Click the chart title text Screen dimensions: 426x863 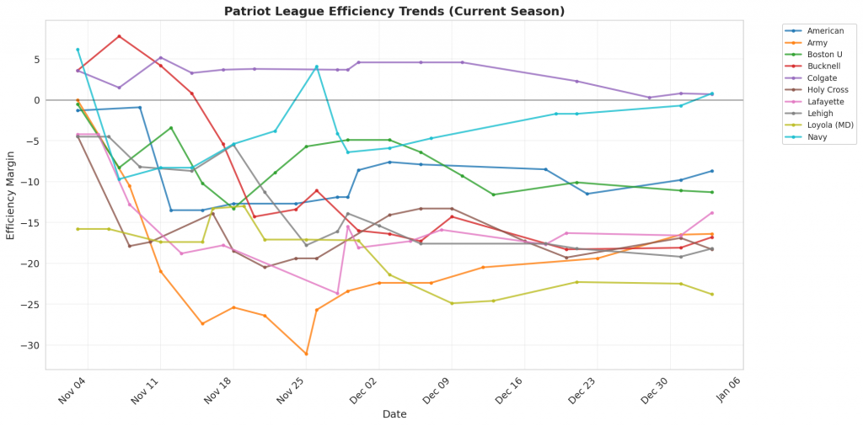[394, 12]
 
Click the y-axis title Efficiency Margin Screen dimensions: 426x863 [11, 195]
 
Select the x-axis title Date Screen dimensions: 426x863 [394, 414]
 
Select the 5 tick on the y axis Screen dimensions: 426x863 [37, 60]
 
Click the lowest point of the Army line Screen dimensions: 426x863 [306, 354]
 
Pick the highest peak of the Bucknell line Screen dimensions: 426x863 [119, 36]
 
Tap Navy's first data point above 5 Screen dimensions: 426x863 [78, 50]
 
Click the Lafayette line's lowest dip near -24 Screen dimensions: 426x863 [337, 294]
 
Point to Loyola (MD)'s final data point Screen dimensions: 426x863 [712, 294]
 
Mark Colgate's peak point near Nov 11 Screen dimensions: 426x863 [160, 58]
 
